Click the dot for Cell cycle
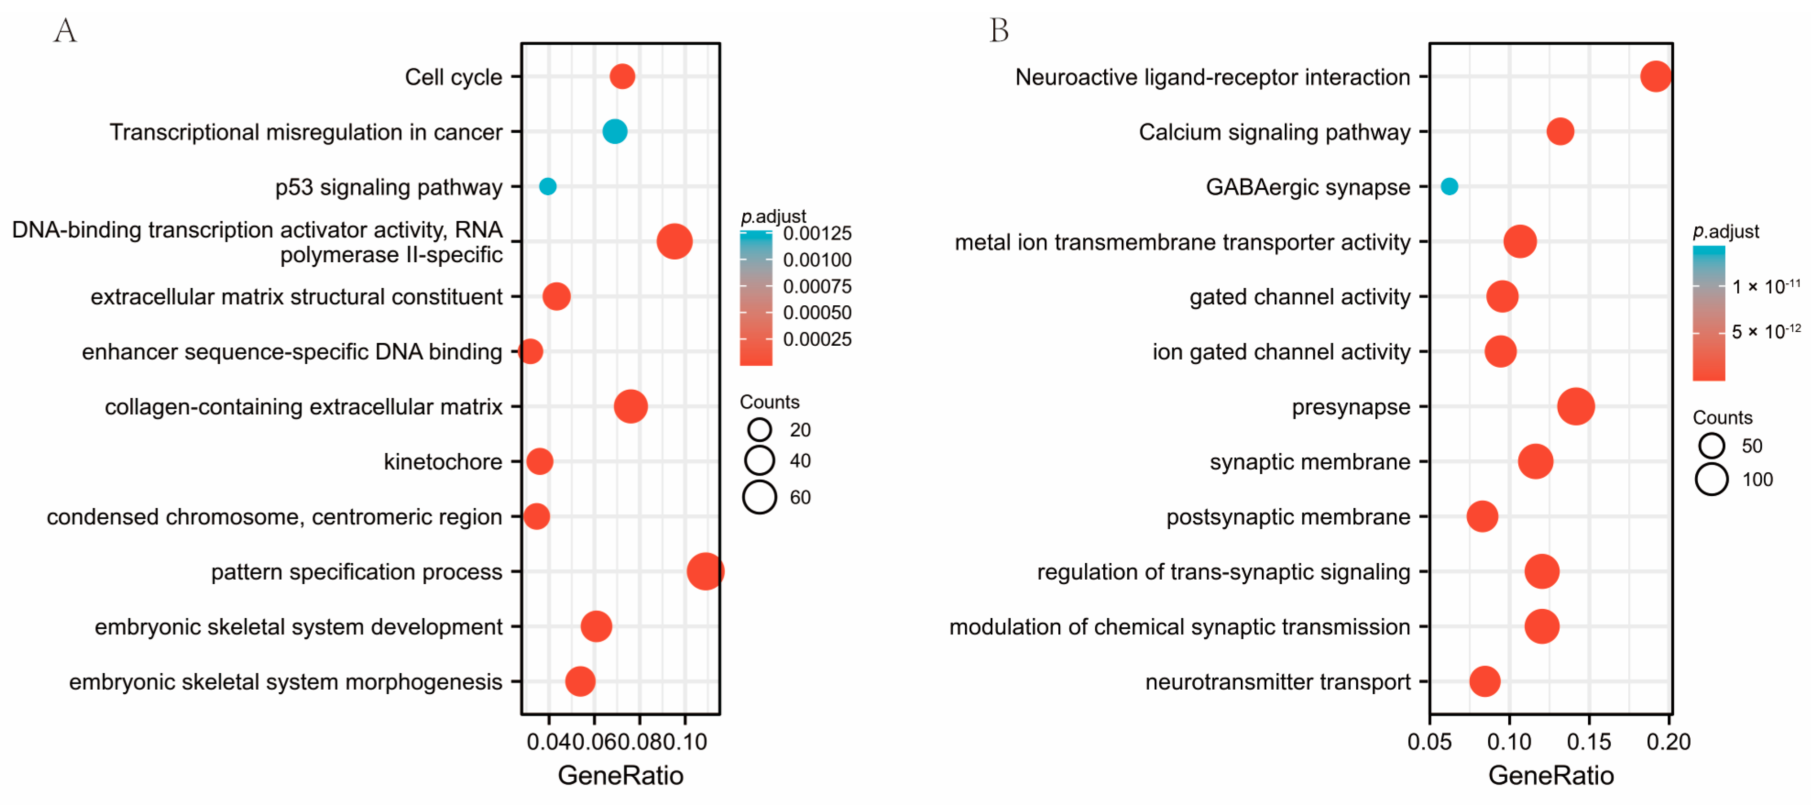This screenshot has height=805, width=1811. coord(621,76)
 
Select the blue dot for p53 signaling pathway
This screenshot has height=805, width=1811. coord(548,186)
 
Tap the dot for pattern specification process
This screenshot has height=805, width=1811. coord(705,571)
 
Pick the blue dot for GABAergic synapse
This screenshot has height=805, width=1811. coord(1449,186)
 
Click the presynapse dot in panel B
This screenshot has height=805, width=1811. coord(1576,406)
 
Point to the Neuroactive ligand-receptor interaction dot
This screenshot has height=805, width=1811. coord(1656,76)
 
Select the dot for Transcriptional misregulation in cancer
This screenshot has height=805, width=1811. coord(614,132)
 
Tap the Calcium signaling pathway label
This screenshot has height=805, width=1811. coord(1274,132)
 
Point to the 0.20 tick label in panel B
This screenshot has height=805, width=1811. coord(1668,742)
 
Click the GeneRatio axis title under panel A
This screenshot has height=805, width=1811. coord(620,775)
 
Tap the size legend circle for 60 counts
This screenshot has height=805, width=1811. coord(759,497)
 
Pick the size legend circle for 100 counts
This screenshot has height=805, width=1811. coord(1711,479)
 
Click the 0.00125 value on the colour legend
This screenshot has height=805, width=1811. coord(817,233)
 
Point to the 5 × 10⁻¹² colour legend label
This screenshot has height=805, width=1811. coord(1765,331)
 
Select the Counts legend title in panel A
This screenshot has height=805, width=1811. coord(769,402)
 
